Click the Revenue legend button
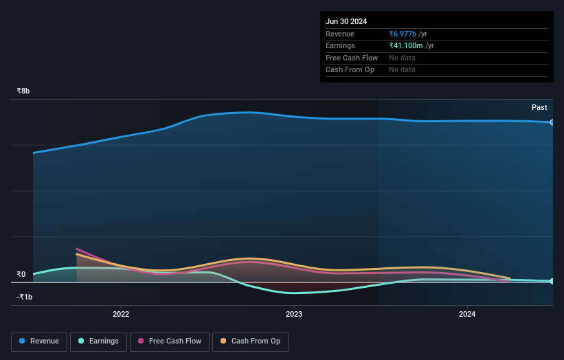pos(39,341)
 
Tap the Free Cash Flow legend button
pos(169,341)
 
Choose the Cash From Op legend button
pos(250,341)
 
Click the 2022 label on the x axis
pos(121,315)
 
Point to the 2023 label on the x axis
pos(294,315)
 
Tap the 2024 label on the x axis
pos(467,315)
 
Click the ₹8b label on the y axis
pos(23,91)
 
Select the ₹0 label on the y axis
pos(21,274)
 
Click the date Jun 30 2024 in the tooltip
pos(348,21)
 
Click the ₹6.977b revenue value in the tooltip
pos(408,34)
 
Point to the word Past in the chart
pos(539,107)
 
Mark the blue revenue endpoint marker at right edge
pos(552,122)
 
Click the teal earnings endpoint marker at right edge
pos(552,281)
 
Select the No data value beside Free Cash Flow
pos(402,58)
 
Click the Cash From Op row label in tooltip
pos(350,69)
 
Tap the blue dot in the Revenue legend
pos(22,341)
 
